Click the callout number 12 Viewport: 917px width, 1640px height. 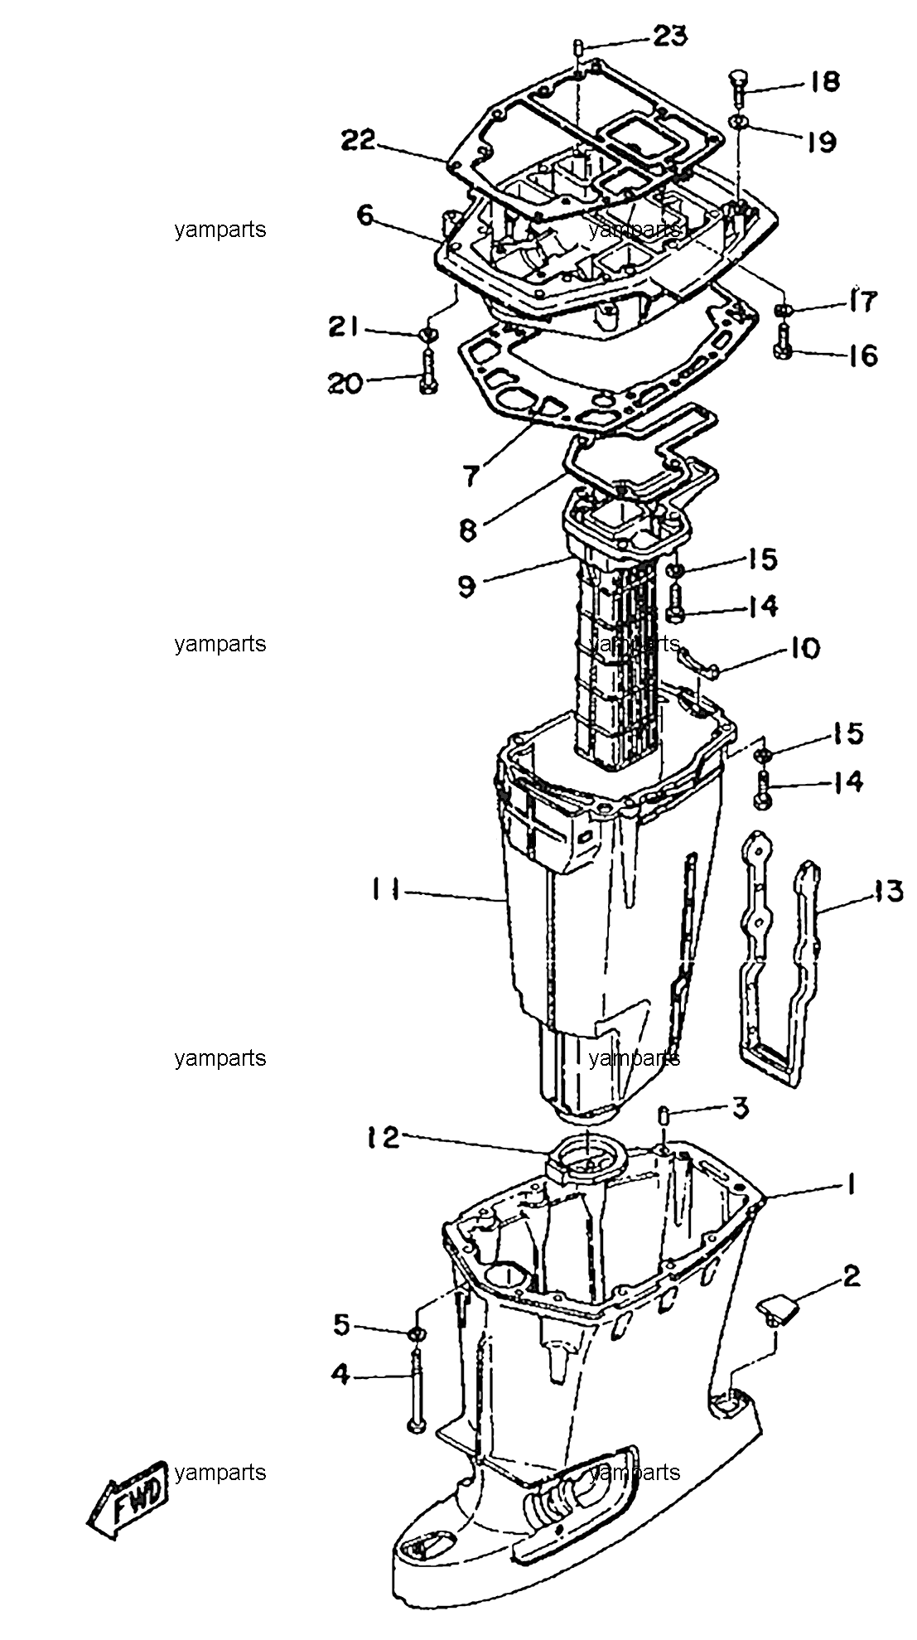383,1137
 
